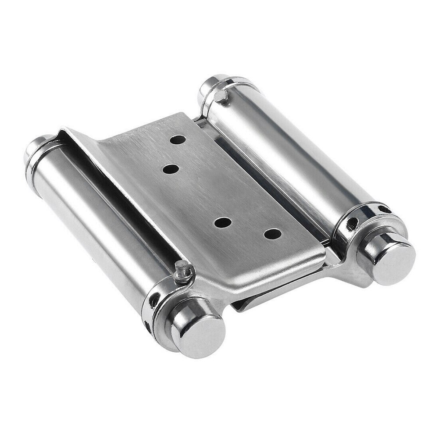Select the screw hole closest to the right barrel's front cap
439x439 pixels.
272,234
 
